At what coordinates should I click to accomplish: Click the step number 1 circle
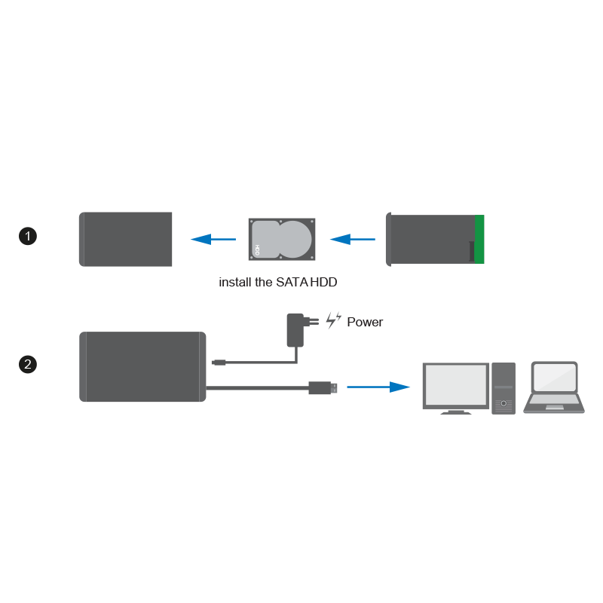pos(28,236)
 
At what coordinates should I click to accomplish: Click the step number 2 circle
pos(28,364)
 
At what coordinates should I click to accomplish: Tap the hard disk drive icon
pos(282,239)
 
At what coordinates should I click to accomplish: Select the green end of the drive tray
pos(479,239)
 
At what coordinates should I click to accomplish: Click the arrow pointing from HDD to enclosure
pos(213,239)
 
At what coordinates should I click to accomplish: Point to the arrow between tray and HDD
pos(353,239)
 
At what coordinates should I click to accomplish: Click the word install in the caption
pos(235,282)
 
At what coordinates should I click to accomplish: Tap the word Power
pos(365,322)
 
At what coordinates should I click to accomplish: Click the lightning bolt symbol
pos(333,320)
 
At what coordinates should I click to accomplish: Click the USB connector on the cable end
pos(323,387)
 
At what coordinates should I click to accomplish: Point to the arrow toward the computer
pos(378,387)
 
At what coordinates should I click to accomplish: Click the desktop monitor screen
pos(456,384)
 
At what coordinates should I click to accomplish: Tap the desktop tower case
pos(504,388)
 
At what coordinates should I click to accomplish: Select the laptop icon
pos(554,387)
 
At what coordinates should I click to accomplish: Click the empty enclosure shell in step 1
pos(125,239)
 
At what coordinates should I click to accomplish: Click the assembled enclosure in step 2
pos(142,367)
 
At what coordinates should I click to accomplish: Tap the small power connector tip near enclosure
pos(219,363)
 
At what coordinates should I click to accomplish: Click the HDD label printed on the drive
pos(257,250)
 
